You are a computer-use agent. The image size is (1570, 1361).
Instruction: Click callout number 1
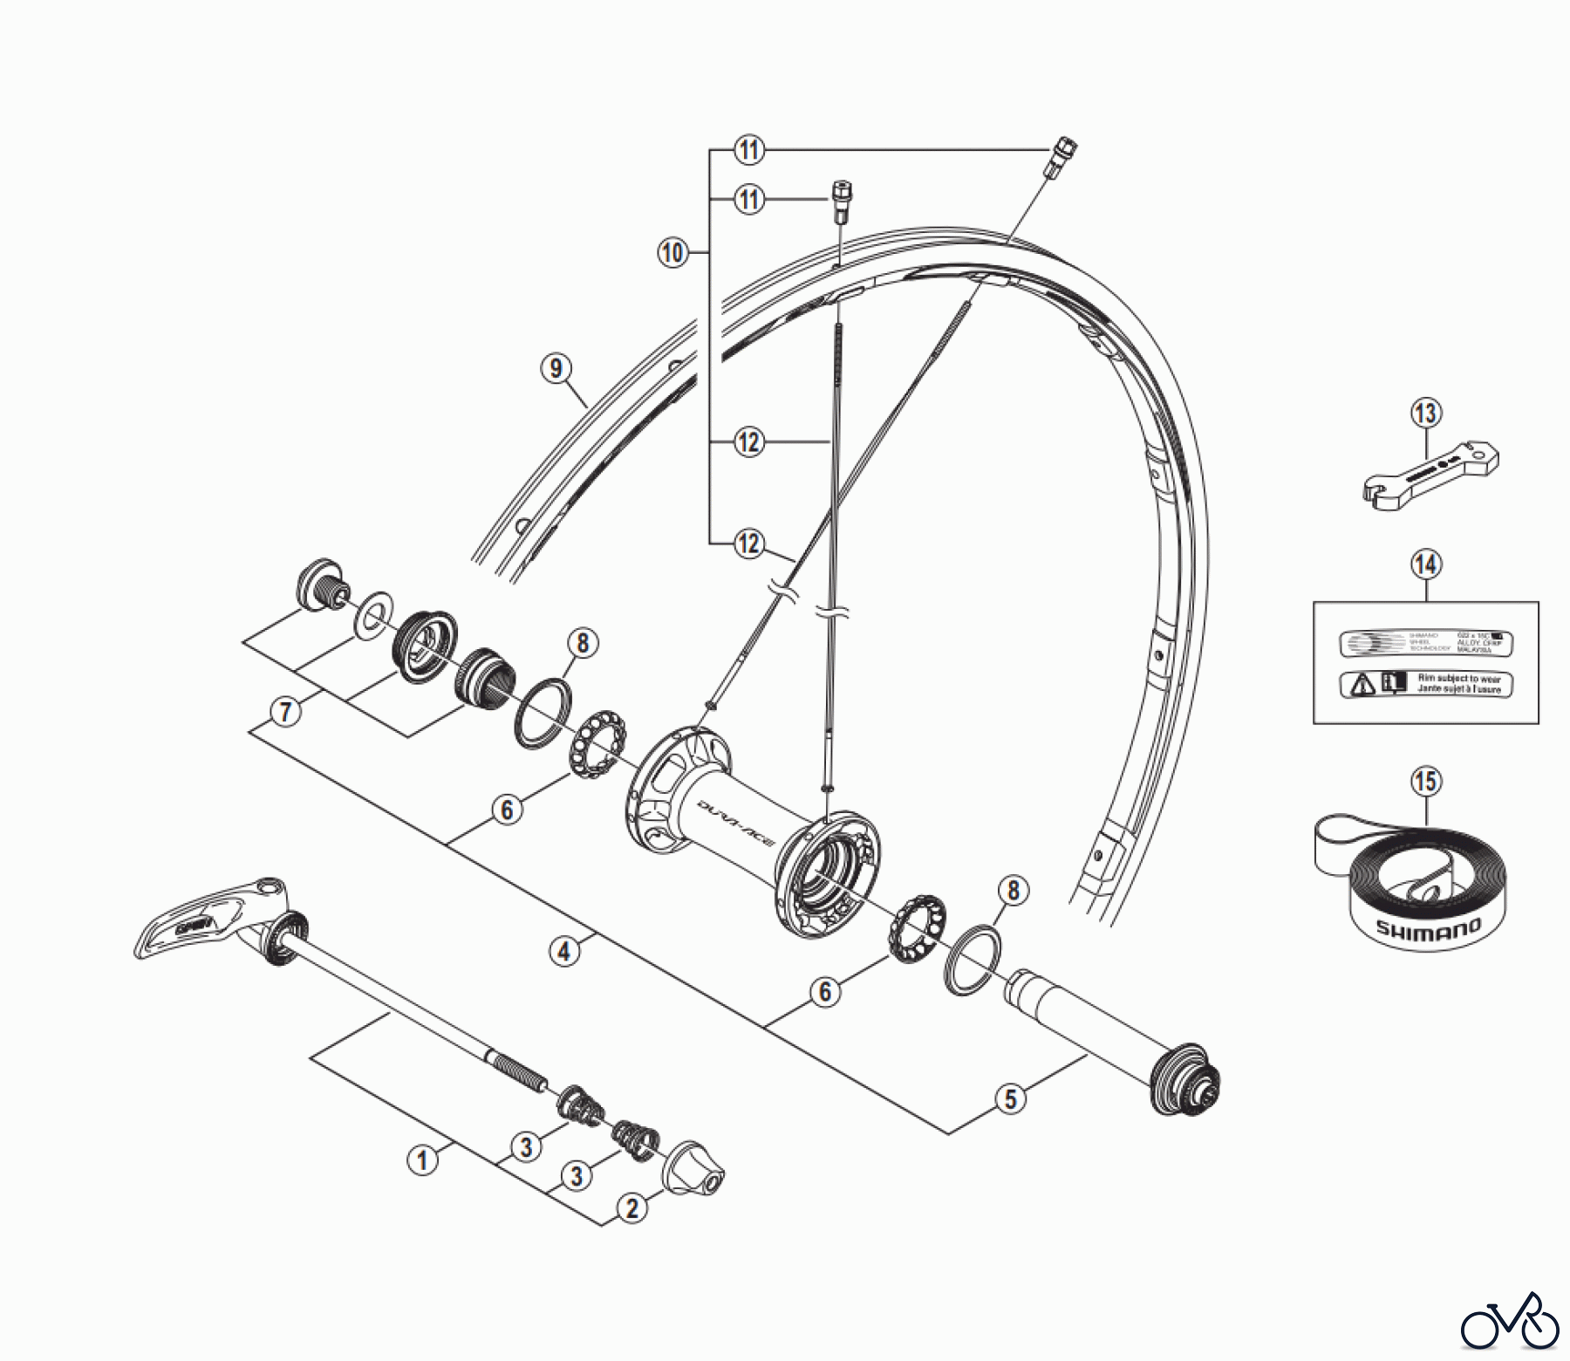[x=423, y=1160]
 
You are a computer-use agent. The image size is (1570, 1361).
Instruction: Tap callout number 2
[x=632, y=1208]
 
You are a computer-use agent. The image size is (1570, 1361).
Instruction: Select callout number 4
[x=564, y=950]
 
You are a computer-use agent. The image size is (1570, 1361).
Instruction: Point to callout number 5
[x=1011, y=1098]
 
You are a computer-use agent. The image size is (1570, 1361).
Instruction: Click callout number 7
[x=285, y=712]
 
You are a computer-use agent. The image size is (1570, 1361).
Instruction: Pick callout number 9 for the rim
[x=556, y=368]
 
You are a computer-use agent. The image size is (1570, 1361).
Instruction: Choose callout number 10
[x=672, y=253]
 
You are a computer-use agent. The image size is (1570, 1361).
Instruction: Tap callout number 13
[x=1426, y=413]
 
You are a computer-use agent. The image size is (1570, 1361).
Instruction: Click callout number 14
[x=1426, y=564]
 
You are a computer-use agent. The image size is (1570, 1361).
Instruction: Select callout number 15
[x=1426, y=781]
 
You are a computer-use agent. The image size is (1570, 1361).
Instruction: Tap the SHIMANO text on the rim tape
[x=1429, y=928]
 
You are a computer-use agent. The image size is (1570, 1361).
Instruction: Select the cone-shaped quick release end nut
[x=695, y=1168]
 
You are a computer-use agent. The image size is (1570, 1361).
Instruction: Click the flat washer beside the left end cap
[x=373, y=613]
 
